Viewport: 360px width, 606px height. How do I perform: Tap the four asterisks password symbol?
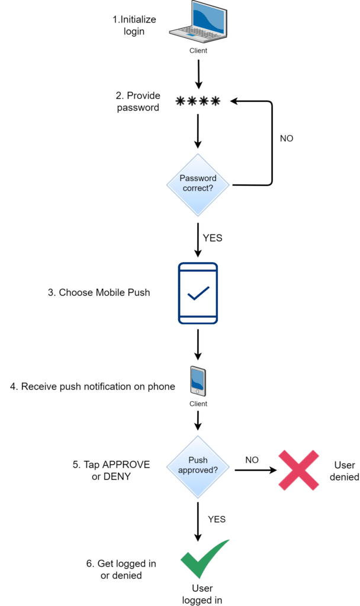pos(198,102)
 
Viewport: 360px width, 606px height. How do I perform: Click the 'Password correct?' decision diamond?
pos(198,185)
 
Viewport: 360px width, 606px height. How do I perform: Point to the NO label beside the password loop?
pos(286,138)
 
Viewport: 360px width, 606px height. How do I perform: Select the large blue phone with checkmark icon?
pos(198,294)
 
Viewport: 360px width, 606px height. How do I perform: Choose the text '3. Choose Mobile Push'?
pos(98,292)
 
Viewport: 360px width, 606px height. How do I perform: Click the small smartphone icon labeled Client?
pos(198,381)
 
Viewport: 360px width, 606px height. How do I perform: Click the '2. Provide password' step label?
pos(137,101)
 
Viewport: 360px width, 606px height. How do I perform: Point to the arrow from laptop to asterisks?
pos(198,73)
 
